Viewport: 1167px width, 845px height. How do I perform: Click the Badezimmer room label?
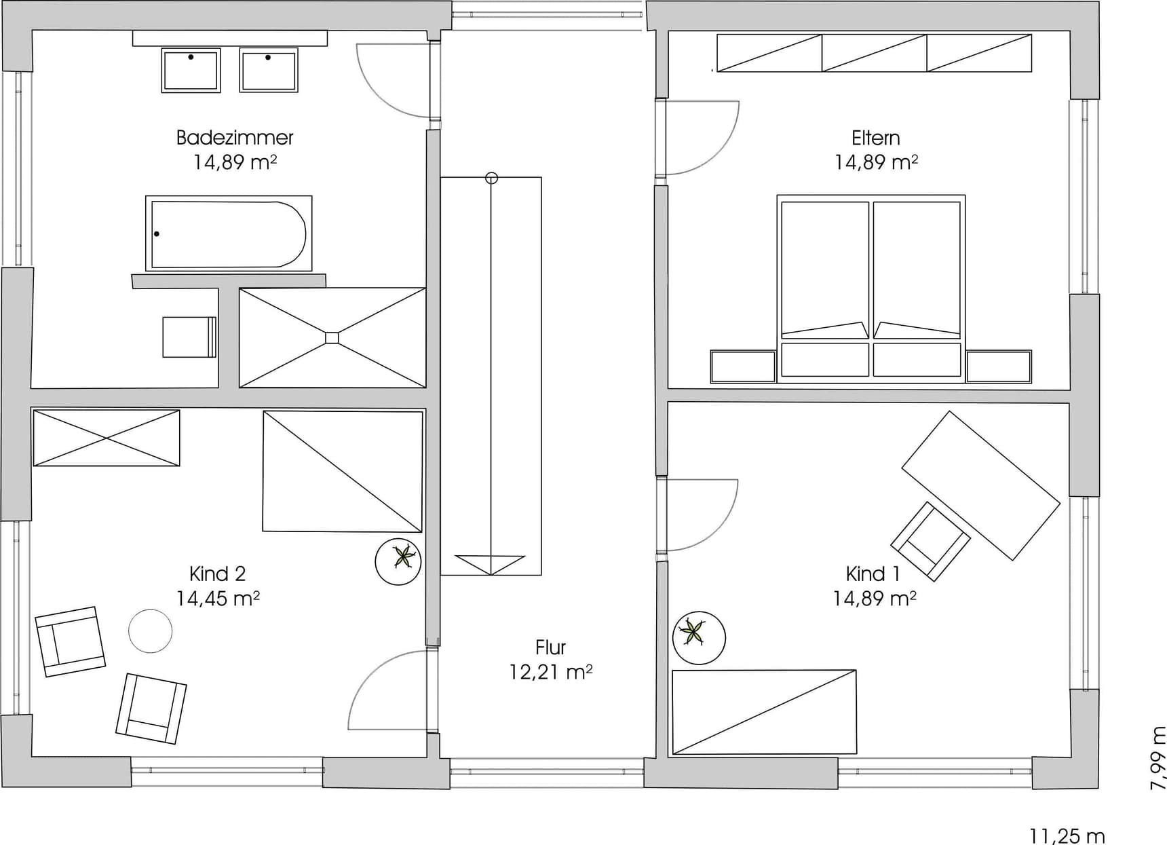point(235,138)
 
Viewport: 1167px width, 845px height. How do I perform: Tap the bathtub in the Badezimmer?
point(229,233)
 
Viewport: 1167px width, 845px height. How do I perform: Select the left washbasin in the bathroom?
point(191,70)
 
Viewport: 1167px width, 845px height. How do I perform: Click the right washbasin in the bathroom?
point(269,70)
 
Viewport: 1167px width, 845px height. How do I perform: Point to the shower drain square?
point(332,337)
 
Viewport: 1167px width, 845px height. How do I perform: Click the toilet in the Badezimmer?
point(189,337)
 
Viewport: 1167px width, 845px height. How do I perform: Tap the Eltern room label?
point(876,138)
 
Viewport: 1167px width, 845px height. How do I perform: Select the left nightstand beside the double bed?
point(743,367)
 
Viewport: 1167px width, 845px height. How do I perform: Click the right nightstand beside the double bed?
point(999,367)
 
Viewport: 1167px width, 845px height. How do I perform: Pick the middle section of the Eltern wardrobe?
point(875,53)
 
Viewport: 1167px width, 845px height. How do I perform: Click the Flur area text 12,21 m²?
point(551,672)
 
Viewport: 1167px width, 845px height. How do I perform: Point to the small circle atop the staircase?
point(492,178)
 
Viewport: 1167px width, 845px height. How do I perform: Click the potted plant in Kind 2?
point(398,561)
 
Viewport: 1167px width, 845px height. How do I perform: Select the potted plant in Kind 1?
point(699,638)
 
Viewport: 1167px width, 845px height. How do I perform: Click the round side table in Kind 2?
point(151,631)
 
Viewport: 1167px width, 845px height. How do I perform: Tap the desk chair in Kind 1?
point(930,541)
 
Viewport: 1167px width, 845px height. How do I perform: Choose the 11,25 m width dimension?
point(1067,835)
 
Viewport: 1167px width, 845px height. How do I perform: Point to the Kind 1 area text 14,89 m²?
point(875,598)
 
